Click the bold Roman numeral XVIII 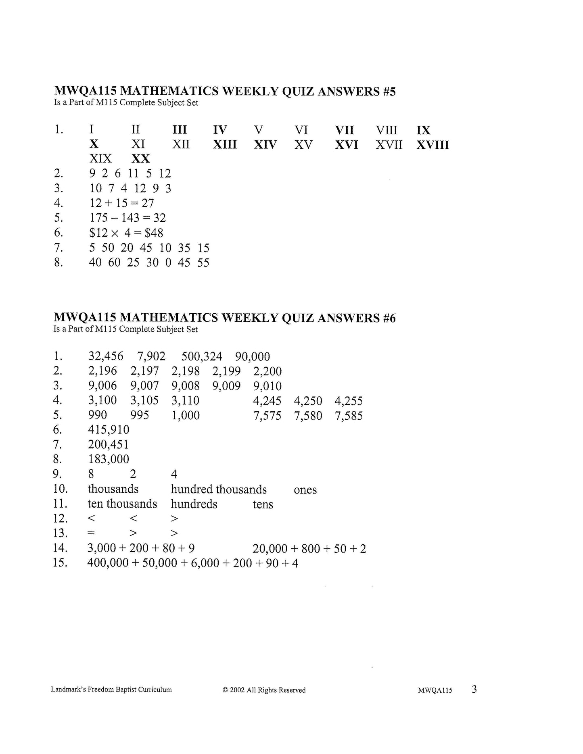[433, 145]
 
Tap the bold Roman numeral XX [140, 158]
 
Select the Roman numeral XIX [100, 158]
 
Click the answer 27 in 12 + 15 [148, 203]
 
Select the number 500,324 [202, 356]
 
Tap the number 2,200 [267, 371]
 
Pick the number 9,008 [186, 386]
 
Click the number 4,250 [308, 401]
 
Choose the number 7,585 [349, 416]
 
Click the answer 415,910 [109, 430]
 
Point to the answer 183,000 [109, 459]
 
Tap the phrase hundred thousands [219, 489]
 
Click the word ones [305, 490]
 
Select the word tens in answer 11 [263, 504]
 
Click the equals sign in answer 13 [91, 533]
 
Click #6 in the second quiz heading [388, 318]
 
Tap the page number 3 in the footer [474, 689]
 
